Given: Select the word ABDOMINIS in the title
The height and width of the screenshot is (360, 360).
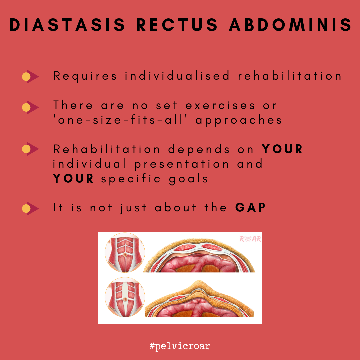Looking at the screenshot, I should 290,25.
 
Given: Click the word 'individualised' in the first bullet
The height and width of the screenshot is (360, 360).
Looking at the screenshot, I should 177,76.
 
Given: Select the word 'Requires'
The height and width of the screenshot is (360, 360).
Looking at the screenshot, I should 85,76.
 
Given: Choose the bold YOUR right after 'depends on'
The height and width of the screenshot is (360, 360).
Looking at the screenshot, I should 282,149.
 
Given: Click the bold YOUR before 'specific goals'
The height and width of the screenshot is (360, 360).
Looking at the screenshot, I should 74,179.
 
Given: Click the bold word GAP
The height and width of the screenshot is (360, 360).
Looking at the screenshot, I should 250,208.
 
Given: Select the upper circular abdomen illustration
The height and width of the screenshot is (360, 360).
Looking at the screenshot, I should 125,253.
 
